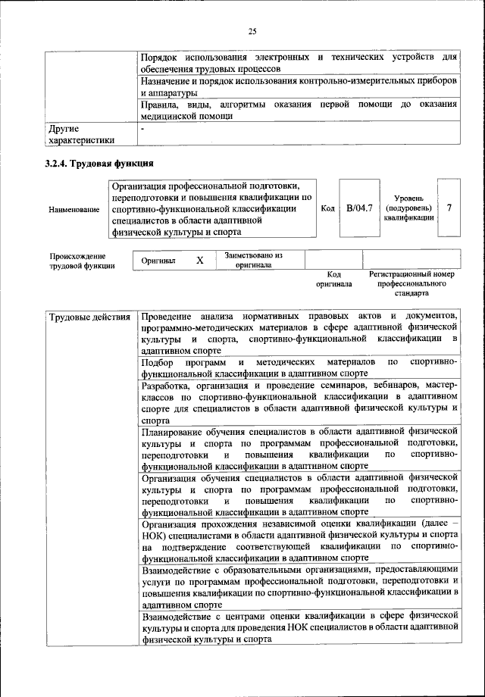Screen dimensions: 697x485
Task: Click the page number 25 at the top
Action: click(252, 30)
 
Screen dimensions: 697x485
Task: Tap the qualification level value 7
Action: click(449, 208)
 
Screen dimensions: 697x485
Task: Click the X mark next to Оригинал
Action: click(200, 261)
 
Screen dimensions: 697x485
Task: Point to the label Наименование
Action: click(74, 209)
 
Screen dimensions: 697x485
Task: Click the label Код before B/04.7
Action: click(328, 208)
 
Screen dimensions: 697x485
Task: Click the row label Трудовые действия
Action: click(89, 317)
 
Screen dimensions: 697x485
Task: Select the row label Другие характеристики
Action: click(81, 134)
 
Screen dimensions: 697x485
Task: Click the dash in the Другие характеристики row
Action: click(143, 130)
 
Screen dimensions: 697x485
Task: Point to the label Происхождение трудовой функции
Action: click(83, 261)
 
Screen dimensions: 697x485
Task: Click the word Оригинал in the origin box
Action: click(158, 261)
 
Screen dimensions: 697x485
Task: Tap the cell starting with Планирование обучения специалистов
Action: click(299, 449)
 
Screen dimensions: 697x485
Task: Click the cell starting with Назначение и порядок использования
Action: click(299, 86)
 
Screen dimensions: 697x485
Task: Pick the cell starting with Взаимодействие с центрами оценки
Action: click(299, 627)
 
